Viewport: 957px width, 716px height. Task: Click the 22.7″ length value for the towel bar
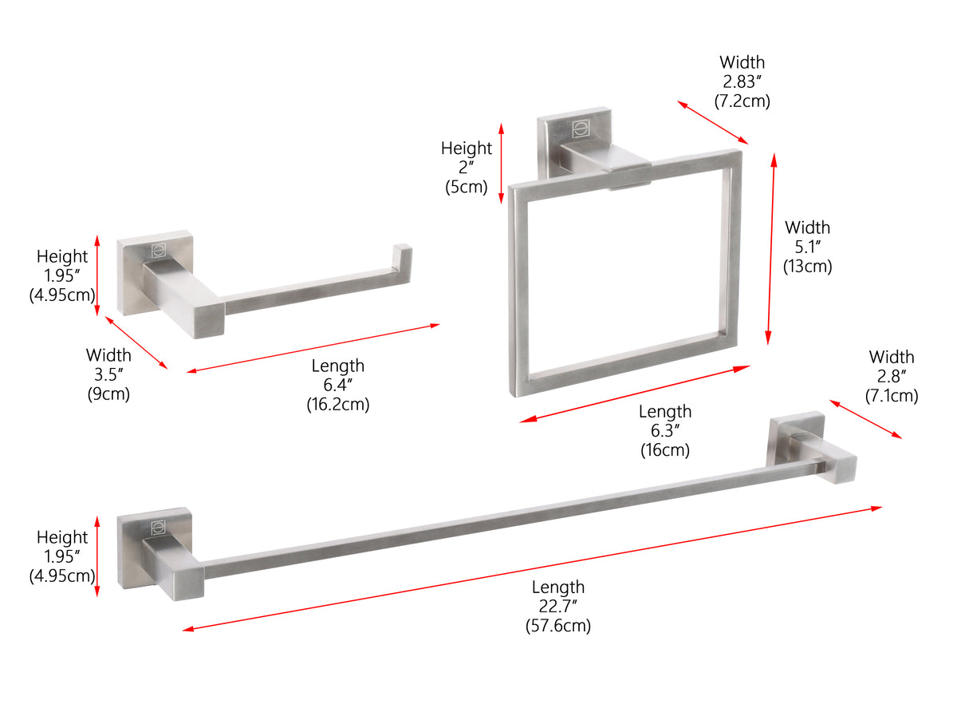click(557, 607)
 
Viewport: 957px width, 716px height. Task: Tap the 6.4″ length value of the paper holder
click(337, 385)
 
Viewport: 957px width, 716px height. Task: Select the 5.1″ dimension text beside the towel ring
click(807, 247)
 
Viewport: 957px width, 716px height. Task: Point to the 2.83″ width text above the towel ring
click(742, 81)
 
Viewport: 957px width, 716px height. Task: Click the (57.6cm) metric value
click(557, 626)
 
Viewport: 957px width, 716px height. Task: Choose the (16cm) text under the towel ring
click(664, 449)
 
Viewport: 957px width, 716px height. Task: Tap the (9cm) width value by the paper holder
click(108, 393)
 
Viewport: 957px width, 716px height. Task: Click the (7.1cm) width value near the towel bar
click(892, 395)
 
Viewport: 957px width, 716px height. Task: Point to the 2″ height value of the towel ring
click(466, 168)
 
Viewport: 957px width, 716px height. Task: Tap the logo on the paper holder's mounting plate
click(156, 248)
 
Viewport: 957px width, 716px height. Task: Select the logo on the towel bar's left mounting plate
click(157, 526)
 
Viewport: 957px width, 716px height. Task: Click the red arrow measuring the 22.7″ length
click(532, 568)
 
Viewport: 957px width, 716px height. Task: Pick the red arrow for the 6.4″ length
click(313, 348)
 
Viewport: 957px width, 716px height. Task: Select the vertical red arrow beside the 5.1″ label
click(771, 249)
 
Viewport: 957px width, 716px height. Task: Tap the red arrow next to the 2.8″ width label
click(865, 419)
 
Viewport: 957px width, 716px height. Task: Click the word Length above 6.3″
click(665, 412)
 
